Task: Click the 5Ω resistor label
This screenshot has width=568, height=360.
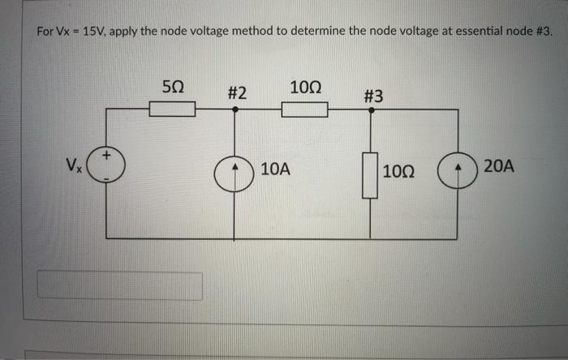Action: pyautogui.click(x=172, y=85)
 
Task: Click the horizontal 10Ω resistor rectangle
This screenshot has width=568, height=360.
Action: pyautogui.click(x=304, y=109)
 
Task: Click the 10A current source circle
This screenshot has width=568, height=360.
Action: pyautogui.click(x=236, y=175)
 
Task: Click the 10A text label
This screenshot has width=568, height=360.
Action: pyautogui.click(x=275, y=169)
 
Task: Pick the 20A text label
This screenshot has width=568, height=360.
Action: pyautogui.click(x=497, y=167)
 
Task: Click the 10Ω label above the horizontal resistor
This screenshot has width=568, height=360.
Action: pyautogui.click(x=304, y=86)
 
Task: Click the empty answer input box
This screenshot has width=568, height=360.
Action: pyautogui.click(x=120, y=285)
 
